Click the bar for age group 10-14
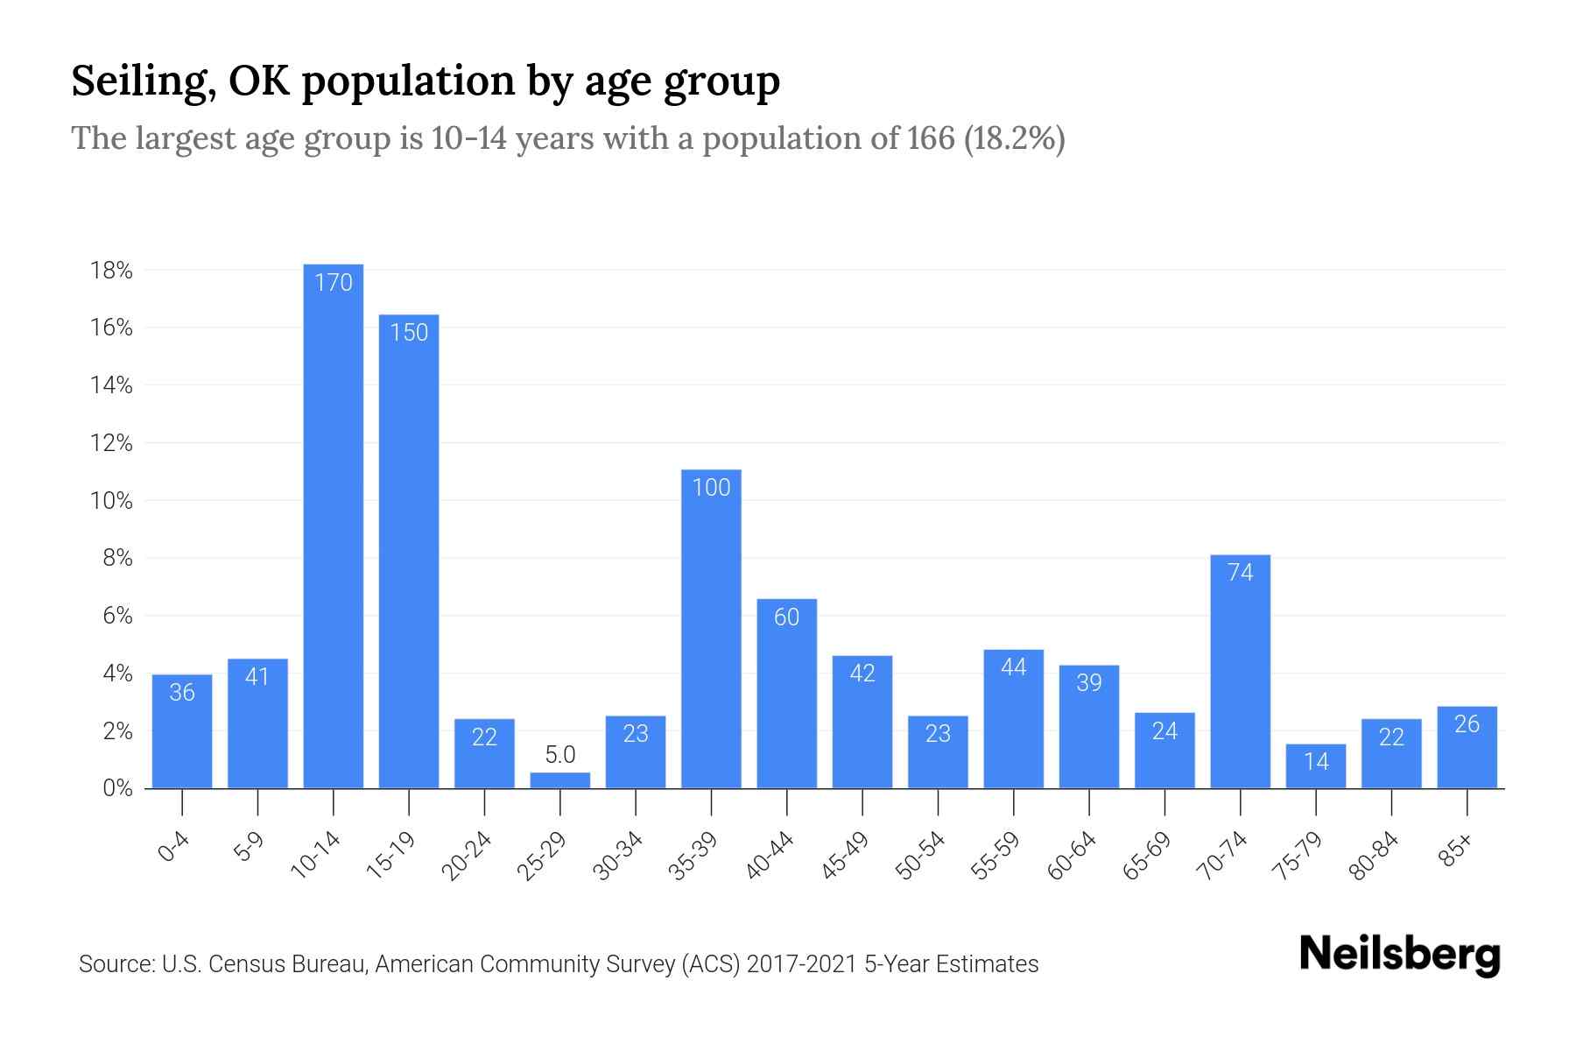[x=333, y=525]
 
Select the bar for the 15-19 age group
[x=409, y=552]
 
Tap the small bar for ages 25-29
[x=560, y=780]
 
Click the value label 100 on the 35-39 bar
[x=711, y=487]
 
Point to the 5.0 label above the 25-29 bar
[x=560, y=754]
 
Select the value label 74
[x=1240, y=572]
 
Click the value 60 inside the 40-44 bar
[x=786, y=617]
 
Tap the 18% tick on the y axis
[x=111, y=271]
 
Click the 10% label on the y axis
[x=111, y=501]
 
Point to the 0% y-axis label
[x=117, y=788]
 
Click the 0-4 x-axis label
[x=174, y=848]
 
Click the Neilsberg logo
[x=1399, y=955]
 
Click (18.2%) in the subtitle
[x=1014, y=138]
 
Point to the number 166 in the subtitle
[x=930, y=138]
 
